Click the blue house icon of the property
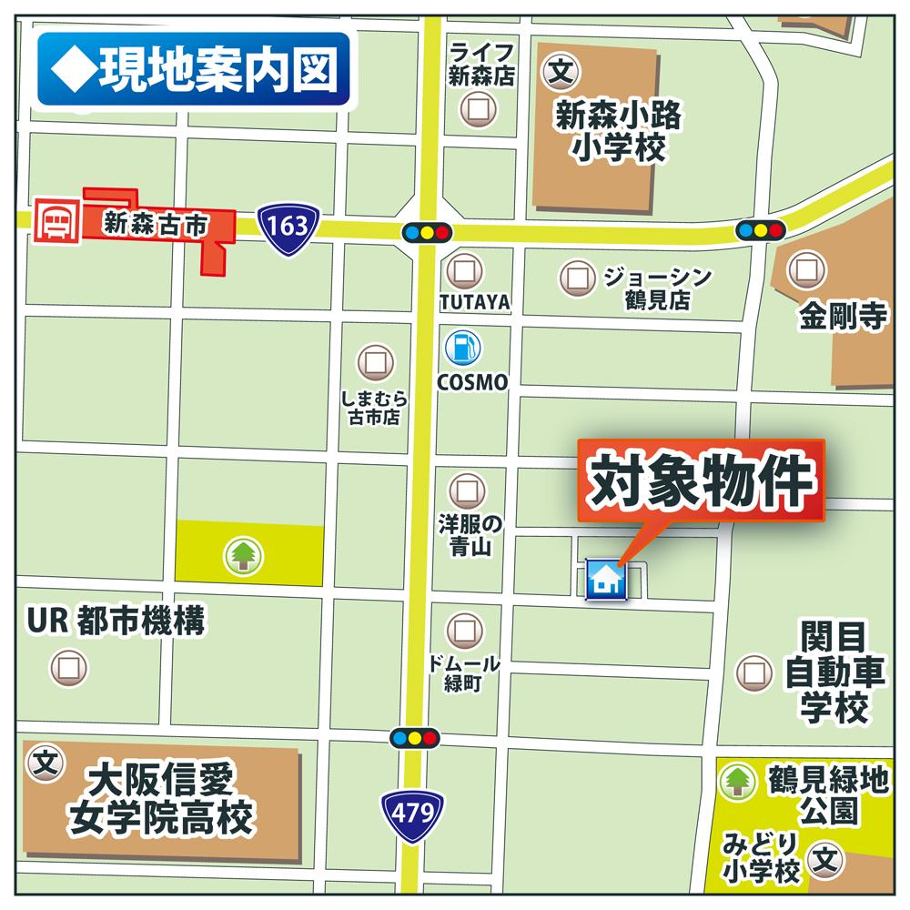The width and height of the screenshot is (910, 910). [x=605, y=580]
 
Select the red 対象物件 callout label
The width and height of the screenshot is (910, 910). [x=701, y=481]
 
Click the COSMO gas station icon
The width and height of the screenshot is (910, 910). [x=463, y=347]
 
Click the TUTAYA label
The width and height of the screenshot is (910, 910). [x=474, y=301]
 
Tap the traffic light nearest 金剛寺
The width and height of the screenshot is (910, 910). [x=760, y=230]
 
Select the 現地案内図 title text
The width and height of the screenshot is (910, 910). [x=193, y=70]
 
